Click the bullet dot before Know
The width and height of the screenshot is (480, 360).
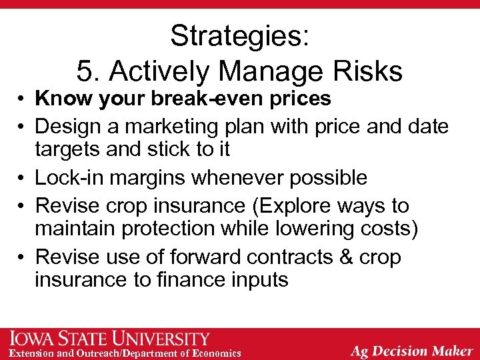point(22,99)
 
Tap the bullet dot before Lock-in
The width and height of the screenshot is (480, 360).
point(22,179)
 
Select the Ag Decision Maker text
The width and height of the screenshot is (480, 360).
point(412,350)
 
